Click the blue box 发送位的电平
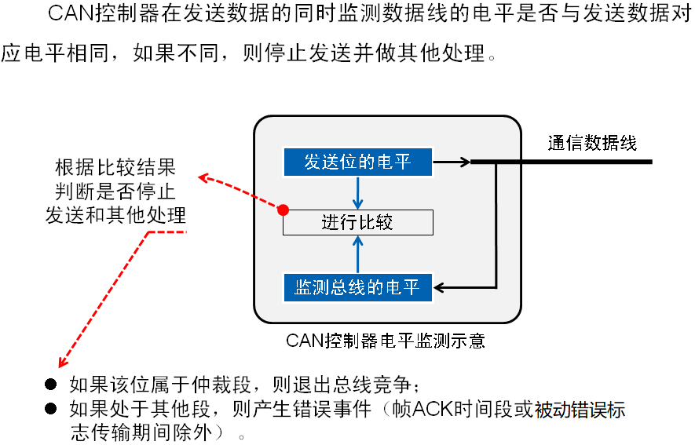pyautogui.click(x=357, y=162)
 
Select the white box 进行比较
pyautogui.click(x=357, y=222)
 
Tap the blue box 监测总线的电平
pyautogui.click(x=357, y=286)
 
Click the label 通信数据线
pyautogui.click(x=592, y=144)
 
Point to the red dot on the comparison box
pyautogui.click(x=284, y=210)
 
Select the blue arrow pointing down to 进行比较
pyautogui.click(x=357, y=193)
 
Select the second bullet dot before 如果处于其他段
pyautogui.click(x=51, y=409)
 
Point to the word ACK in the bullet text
pyautogui.click(x=431, y=409)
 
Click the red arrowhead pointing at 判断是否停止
pyautogui.click(x=203, y=178)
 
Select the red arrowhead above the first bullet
pyautogui.click(x=60, y=362)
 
